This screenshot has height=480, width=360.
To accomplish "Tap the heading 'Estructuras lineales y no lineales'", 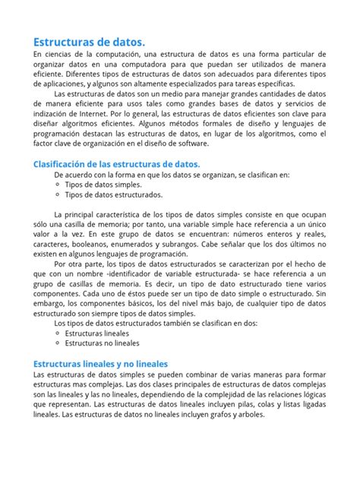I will [100, 364].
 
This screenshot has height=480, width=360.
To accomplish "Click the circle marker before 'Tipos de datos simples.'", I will [59, 185].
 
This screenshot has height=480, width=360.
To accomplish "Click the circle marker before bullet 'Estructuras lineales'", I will [59, 333].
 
